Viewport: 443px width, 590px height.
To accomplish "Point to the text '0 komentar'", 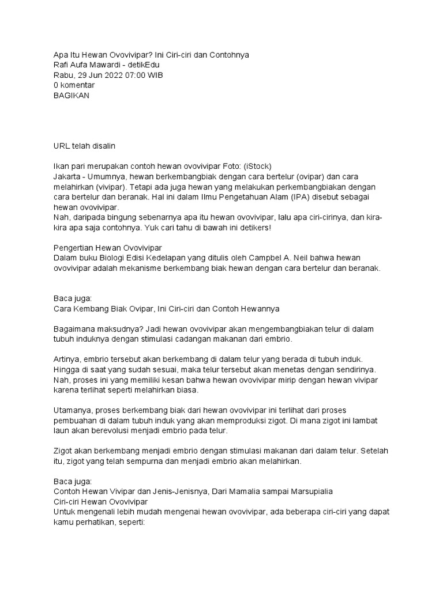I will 74,85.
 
